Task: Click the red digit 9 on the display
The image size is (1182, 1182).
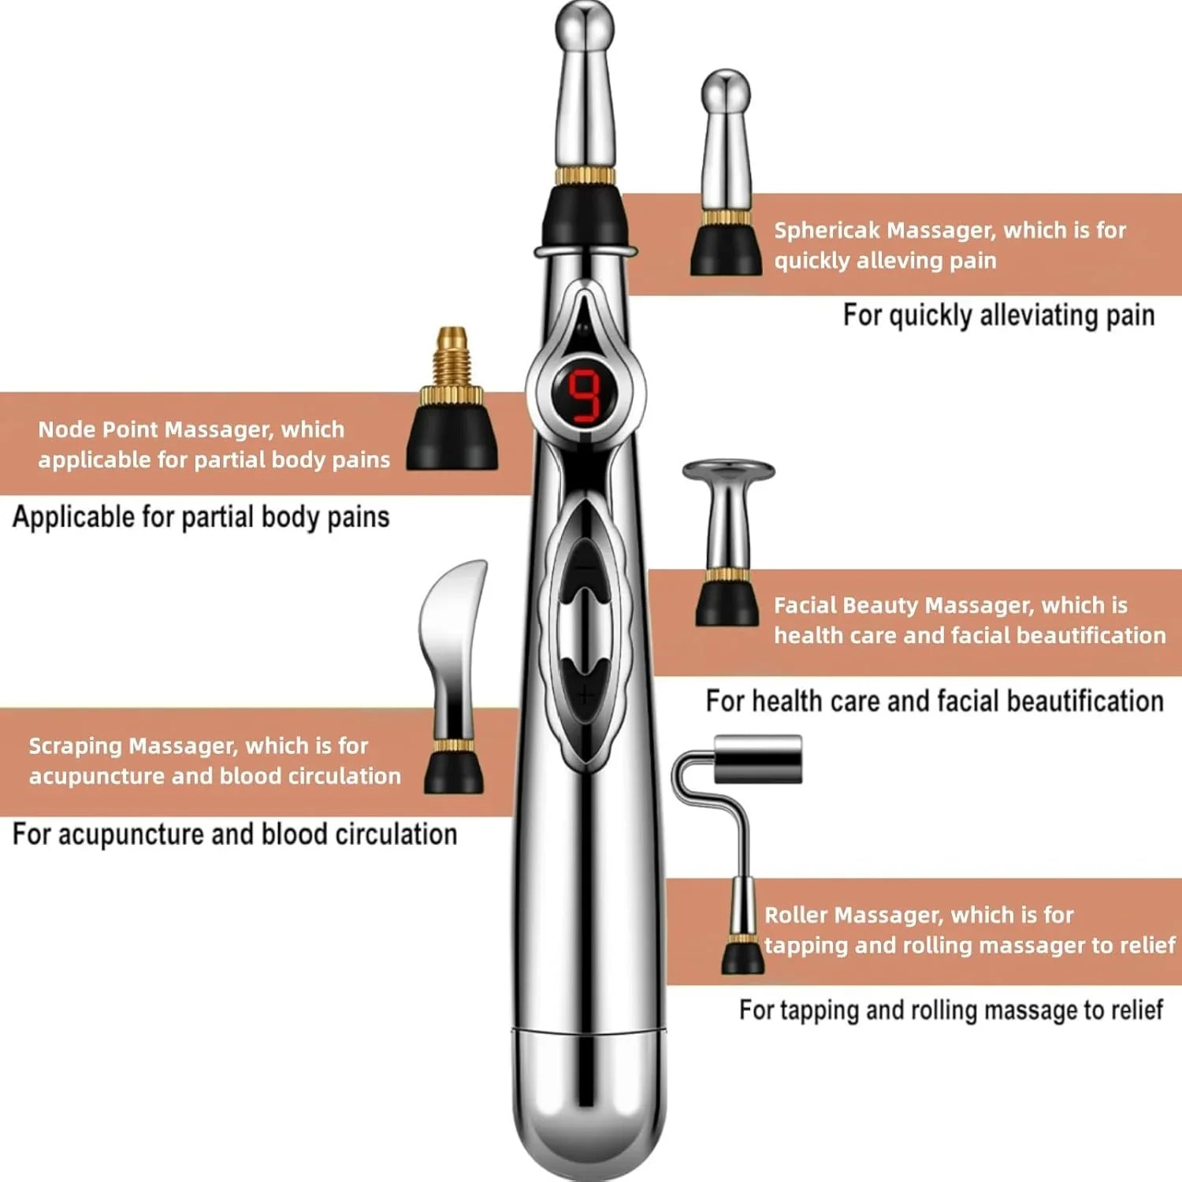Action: [585, 396]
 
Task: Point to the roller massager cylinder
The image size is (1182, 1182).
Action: [757, 759]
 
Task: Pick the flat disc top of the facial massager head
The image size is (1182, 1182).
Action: [729, 471]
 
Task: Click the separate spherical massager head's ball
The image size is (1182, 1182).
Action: [726, 91]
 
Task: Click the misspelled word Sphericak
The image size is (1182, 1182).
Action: [826, 230]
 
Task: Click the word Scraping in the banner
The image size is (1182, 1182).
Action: [75, 745]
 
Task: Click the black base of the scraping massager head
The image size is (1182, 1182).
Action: [454, 772]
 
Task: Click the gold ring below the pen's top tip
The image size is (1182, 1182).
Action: [585, 175]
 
